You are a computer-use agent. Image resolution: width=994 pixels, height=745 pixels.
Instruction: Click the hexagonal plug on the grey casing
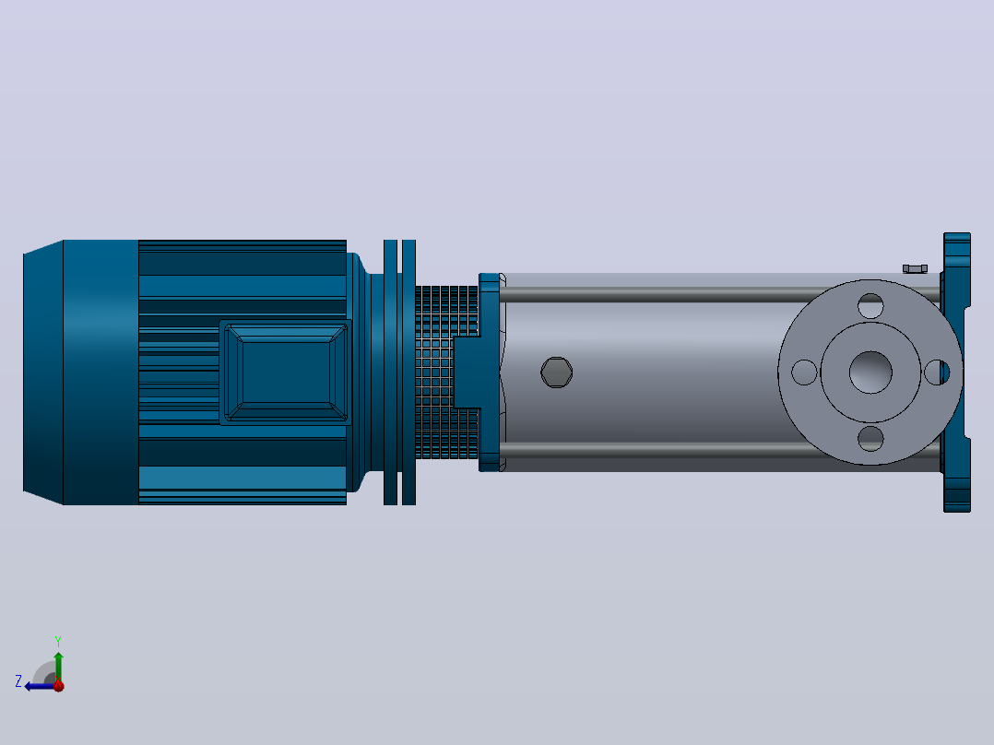(x=557, y=372)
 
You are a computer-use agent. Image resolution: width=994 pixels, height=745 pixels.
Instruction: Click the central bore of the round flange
(x=870, y=372)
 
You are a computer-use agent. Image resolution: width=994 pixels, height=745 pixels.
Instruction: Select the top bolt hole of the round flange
(x=870, y=305)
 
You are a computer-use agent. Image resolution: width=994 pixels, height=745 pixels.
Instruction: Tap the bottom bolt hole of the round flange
(x=870, y=439)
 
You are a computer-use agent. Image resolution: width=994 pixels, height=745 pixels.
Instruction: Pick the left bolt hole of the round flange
(x=804, y=372)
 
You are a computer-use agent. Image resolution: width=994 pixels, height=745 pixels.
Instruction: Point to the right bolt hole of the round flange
(x=936, y=372)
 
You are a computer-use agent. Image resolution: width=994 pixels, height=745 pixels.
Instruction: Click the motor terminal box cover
(x=286, y=372)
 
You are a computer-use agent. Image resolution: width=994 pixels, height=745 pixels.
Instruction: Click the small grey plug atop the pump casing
(x=915, y=269)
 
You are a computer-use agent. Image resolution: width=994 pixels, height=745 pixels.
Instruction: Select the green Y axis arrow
(x=58, y=666)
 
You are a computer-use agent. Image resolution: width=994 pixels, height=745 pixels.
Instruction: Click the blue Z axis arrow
(x=40, y=686)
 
